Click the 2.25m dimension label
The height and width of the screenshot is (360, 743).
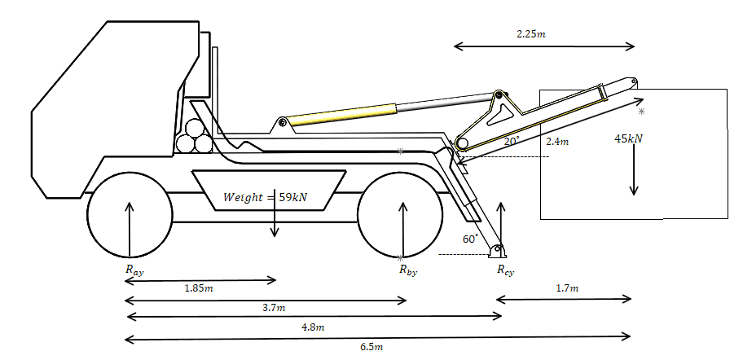coord(531,34)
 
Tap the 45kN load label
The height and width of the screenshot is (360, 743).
coord(628,138)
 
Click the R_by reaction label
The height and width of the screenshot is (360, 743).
coord(407,270)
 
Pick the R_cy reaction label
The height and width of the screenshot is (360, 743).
coord(505,270)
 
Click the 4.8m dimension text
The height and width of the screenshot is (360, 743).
coord(313,327)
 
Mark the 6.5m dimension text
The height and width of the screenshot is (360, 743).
coord(371,347)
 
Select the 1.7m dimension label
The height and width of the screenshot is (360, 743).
coord(567,288)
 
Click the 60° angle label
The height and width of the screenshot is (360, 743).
coord(470,239)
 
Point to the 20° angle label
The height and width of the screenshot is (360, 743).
coord(510,141)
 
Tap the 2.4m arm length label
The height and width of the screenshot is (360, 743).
coord(557,142)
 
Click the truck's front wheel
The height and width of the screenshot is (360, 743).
coord(130,213)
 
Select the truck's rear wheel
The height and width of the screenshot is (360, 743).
coord(400,213)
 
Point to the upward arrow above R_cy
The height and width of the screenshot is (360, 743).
coord(501,224)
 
